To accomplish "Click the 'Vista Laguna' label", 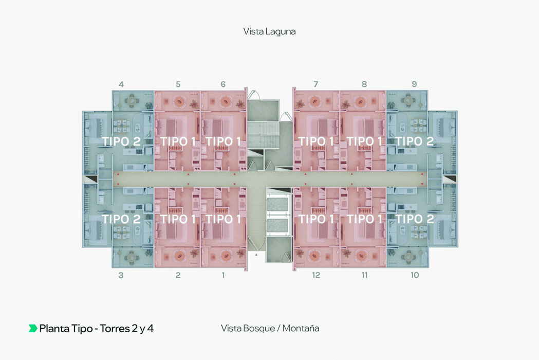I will click(269, 31).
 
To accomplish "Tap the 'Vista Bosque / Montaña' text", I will click(270, 328).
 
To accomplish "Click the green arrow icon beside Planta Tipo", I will click(33, 328).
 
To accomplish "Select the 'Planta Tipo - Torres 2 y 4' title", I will click(96, 328).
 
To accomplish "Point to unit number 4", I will click(121, 84).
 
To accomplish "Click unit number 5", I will click(178, 84).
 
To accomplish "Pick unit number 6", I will click(223, 84).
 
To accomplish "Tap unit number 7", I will click(315, 84).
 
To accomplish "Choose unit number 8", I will click(364, 84).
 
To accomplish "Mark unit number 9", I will click(414, 84).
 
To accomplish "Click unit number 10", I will click(415, 275).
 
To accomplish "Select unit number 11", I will click(364, 275).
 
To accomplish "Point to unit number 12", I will click(316, 275).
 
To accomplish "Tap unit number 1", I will click(223, 275).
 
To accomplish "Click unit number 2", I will click(178, 275).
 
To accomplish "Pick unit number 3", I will click(121, 275).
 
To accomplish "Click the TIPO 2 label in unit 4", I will click(121, 141).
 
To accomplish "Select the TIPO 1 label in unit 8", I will click(364, 141).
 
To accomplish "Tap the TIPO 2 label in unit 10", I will click(415, 219).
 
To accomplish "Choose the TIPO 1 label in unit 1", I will click(223, 219).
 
